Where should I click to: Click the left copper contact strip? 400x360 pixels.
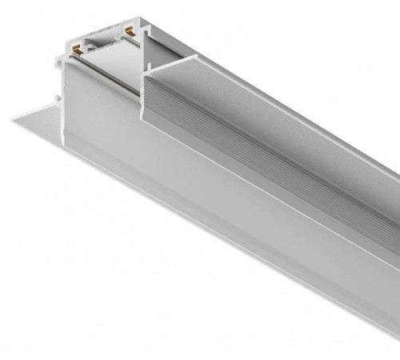78,49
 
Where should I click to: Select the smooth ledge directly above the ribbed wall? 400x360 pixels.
272,96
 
